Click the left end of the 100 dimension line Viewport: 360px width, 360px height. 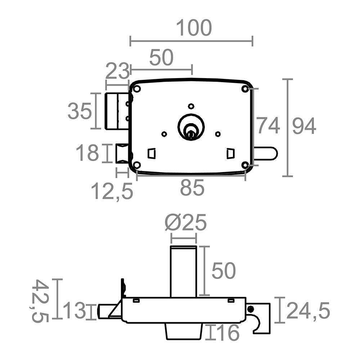click(130, 41)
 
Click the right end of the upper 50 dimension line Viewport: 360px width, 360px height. click(192, 69)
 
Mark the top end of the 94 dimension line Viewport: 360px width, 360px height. click(287, 79)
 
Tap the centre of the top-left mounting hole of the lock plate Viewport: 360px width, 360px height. click(137, 89)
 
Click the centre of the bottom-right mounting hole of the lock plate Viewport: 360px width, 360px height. click(245, 165)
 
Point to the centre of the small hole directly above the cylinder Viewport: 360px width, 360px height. click(191, 106)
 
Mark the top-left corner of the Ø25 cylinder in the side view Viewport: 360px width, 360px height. click(170, 246)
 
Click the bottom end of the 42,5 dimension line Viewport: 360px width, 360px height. click(57, 319)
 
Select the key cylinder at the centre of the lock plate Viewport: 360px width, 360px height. click(191, 126)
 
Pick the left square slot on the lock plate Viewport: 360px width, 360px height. click(152, 153)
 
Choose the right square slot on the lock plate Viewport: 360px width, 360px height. click(230, 153)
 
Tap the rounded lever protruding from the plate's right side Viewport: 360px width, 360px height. click(265, 153)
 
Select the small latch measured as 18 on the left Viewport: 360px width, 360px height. click(123, 153)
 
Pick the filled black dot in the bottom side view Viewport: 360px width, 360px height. click(251, 309)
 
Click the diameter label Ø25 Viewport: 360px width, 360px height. click(186, 222)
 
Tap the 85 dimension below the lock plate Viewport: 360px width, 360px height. click(192, 188)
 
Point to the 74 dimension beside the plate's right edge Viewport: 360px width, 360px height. click(268, 125)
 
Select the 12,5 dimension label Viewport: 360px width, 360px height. click(112, 191)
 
